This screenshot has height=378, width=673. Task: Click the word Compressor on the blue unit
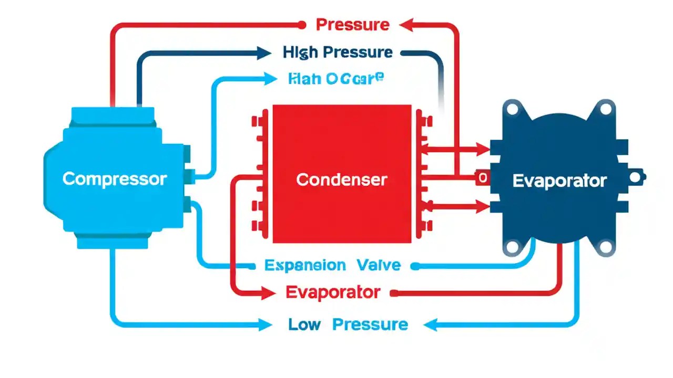[x=114, y=179]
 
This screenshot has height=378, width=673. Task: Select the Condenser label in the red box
[x=341, y=180]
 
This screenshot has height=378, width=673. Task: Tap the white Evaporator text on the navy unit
[x=559, y=181]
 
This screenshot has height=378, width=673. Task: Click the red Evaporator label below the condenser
[x=332, y=292]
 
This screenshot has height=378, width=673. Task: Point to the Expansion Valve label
[x=332, y=265]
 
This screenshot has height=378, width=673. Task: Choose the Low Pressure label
[x=348, y=325]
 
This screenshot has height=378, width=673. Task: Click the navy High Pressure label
[x=337, y=52]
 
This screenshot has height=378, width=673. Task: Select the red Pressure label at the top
[x=352, y=25]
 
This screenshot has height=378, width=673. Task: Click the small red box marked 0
[x=482, y=178]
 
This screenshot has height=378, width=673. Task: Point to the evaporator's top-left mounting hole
[x=511, y=109]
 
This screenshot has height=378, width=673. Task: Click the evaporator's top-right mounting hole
[x=606, y=109]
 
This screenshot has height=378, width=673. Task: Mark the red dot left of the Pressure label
[x=302, y=24]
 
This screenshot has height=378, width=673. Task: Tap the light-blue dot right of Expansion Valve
[x=415, y=266]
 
